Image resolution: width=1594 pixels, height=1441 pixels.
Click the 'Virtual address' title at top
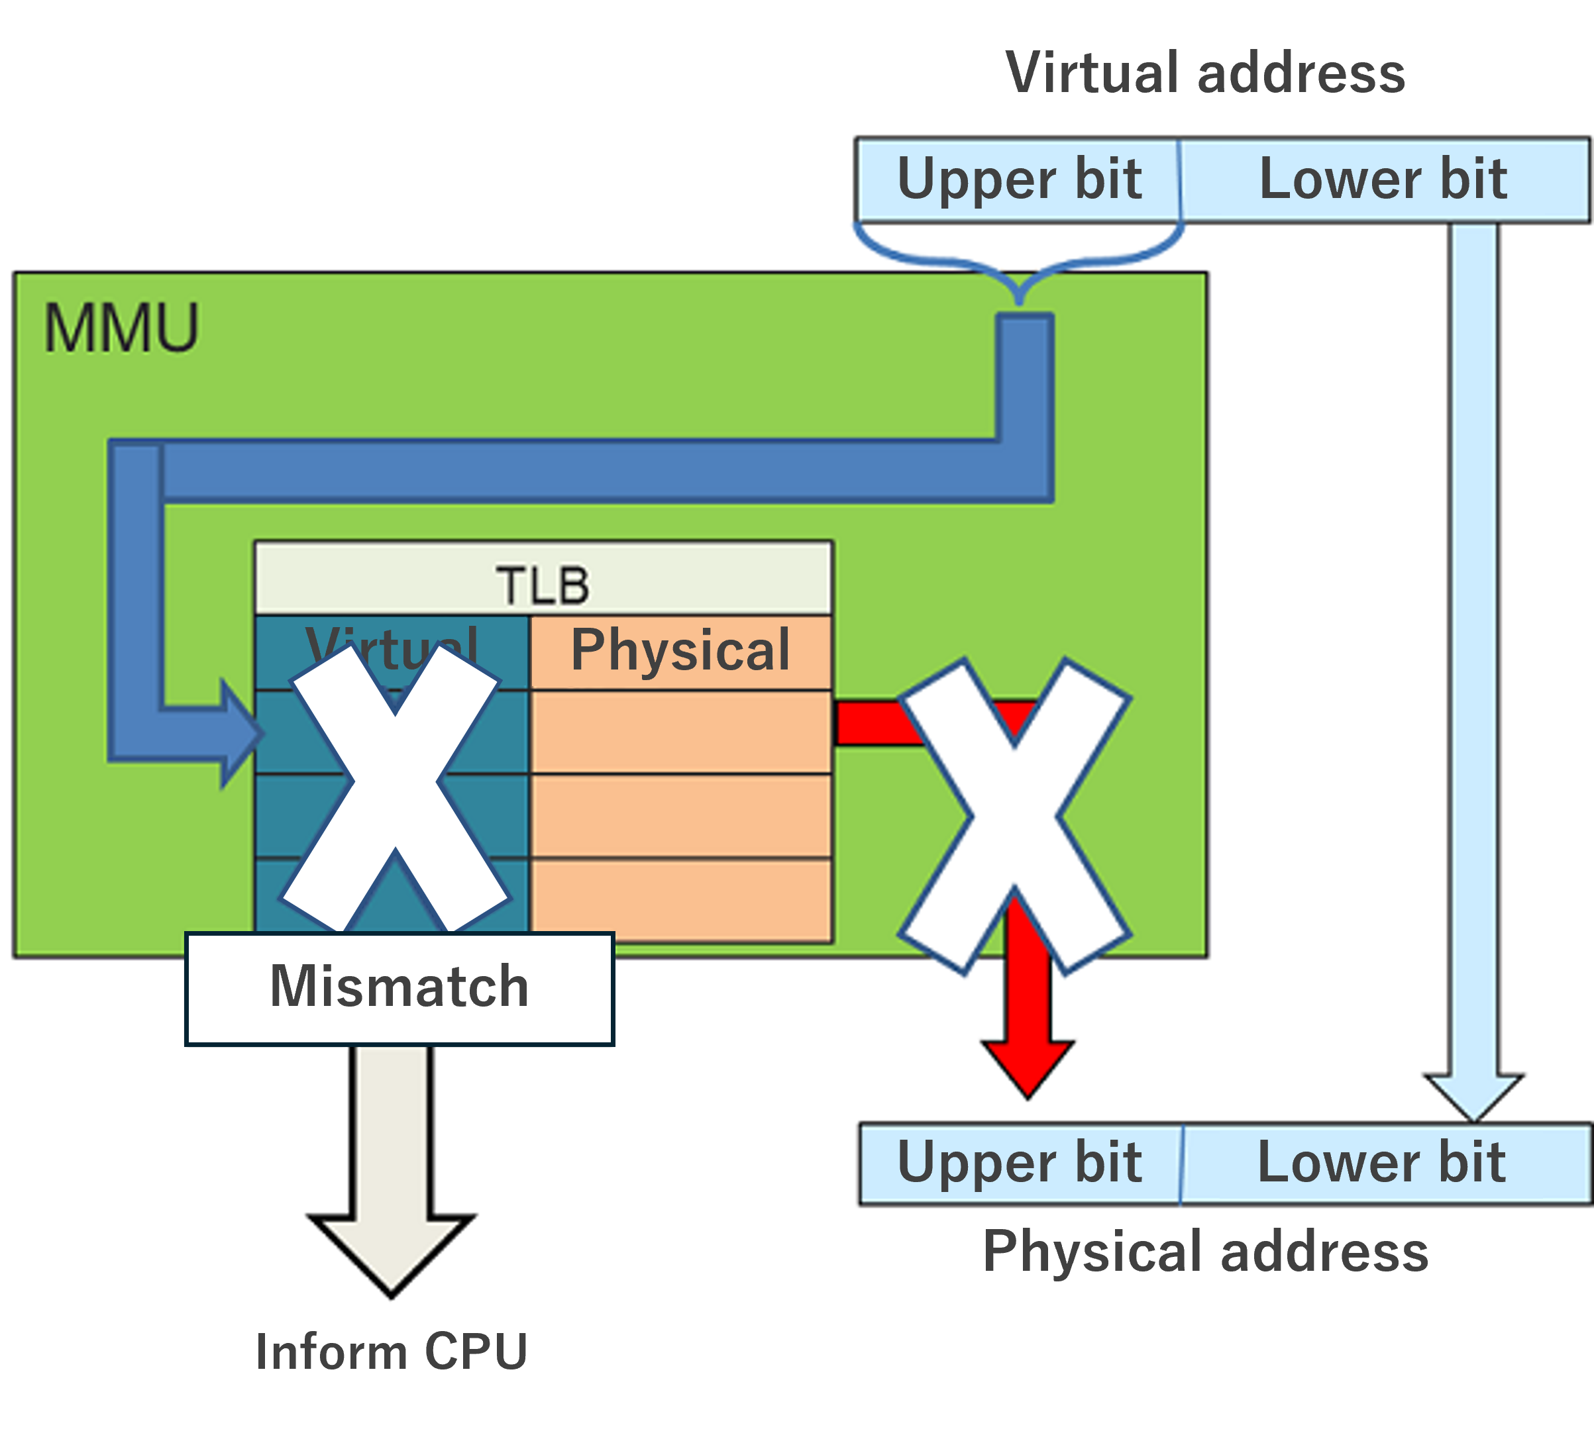1205,73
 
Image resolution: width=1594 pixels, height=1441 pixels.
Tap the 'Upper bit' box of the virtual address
1018,179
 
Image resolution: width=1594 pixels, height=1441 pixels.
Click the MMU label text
120,328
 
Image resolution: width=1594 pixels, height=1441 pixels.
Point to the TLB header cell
543,584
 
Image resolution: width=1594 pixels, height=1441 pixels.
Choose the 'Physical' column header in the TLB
680,650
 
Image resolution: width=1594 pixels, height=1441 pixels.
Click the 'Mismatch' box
399,988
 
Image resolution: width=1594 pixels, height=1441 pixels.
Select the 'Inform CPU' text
392,1351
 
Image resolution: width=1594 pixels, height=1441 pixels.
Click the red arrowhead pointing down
1027,1067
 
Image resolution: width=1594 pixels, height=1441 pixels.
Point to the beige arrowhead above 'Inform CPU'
392,1250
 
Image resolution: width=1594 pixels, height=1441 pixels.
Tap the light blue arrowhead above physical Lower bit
1473,1095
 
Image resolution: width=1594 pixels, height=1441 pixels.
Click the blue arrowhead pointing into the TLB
239,733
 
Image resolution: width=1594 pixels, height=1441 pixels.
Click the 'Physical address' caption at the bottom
1205,1252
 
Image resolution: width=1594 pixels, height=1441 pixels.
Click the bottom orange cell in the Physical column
680,899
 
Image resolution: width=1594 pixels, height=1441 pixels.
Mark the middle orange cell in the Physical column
680,816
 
